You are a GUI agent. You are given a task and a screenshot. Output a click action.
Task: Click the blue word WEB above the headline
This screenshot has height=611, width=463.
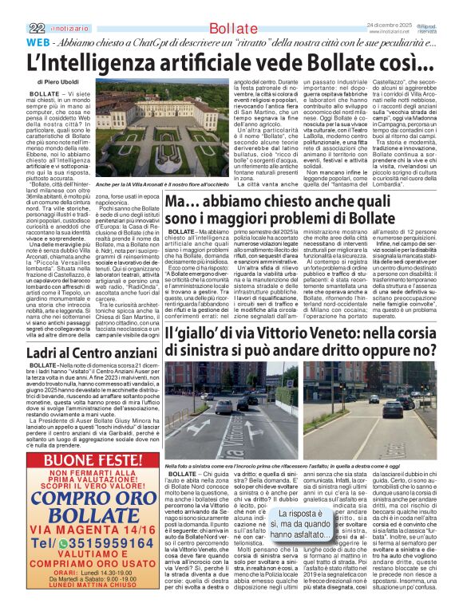19,41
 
